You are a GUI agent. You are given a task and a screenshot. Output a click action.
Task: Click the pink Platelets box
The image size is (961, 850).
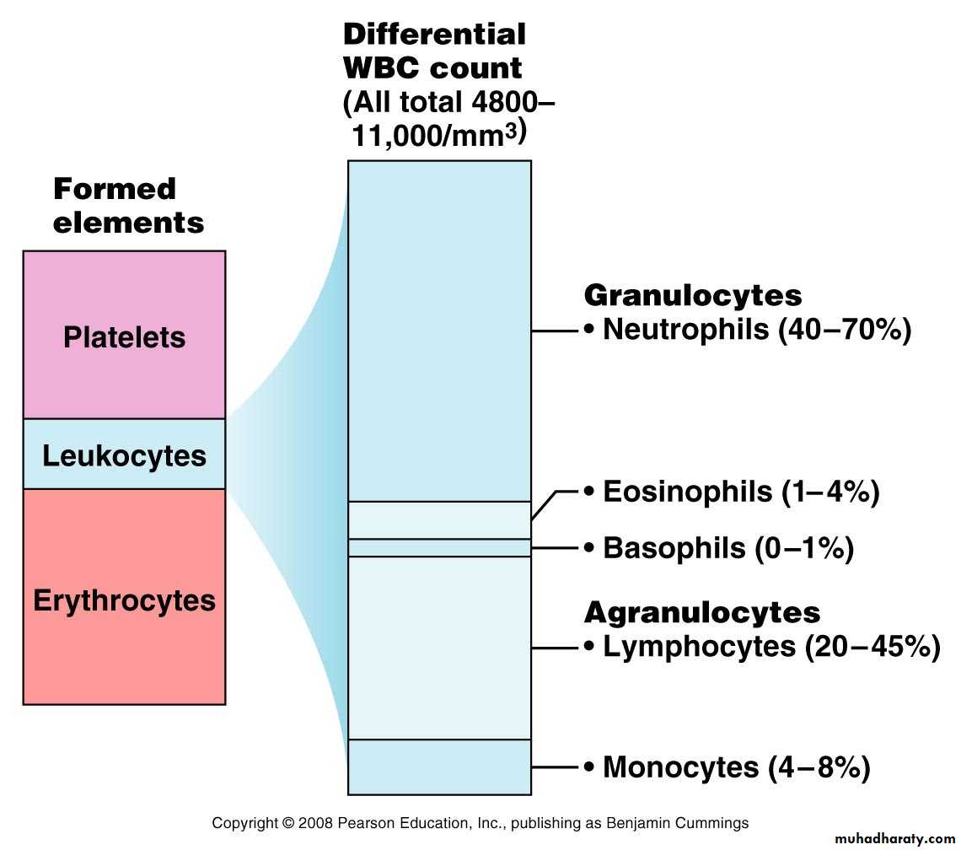[x=125, y=335]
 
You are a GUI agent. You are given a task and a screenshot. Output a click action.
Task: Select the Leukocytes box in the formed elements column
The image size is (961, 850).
[x=125, y=454]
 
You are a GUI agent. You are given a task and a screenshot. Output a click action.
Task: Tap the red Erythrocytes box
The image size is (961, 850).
[x=125, y=597]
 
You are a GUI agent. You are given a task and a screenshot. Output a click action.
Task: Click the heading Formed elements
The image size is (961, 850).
[x=129, y=206]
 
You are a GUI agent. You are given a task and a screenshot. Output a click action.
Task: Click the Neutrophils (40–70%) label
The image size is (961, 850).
[x=748, y=330]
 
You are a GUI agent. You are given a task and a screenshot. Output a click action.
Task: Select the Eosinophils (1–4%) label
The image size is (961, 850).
[x=732, y=492]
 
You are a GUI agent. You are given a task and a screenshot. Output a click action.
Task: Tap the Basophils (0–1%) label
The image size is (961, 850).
[x=719, y=547]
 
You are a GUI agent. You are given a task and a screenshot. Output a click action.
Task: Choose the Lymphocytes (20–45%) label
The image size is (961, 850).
[x=762, y=647]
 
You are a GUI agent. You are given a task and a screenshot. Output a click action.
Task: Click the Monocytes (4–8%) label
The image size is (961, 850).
[x=727, y=767]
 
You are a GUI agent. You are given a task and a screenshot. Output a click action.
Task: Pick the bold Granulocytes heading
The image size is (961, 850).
[x=693, y=295]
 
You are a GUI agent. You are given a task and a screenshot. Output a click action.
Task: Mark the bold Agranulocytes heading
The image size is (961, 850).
[x=702, y=612]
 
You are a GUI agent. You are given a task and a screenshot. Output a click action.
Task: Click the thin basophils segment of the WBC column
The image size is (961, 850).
[x=439, y=547]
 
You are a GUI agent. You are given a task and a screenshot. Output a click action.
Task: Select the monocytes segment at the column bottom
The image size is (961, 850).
[x=439, y=767]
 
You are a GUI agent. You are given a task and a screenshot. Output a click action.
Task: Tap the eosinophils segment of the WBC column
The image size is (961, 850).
[x=439, y=520]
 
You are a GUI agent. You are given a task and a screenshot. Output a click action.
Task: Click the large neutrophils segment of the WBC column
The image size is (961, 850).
[x=439, y=331]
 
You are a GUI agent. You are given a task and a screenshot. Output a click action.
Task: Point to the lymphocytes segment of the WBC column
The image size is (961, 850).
[x=439, y=648]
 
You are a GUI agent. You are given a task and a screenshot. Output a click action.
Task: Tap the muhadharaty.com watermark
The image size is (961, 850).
[x=894, y=838]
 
